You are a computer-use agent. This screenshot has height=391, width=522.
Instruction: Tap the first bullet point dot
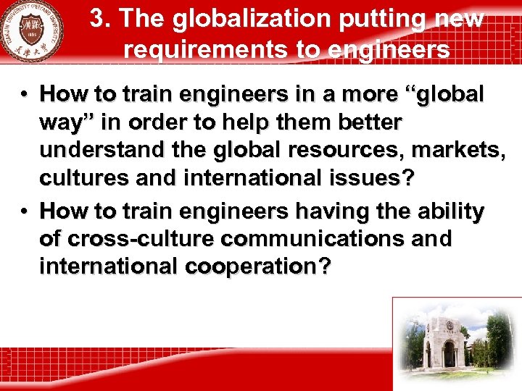pyautogui.click(x=25, y=95)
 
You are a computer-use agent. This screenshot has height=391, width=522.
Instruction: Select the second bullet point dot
pyautogui.click(x=25, y=211)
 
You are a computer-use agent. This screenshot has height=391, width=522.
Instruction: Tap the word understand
pyautogui.click(x=89, y=150)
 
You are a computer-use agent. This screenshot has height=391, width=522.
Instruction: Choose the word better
pyautogui.click(x=369, y=122)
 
